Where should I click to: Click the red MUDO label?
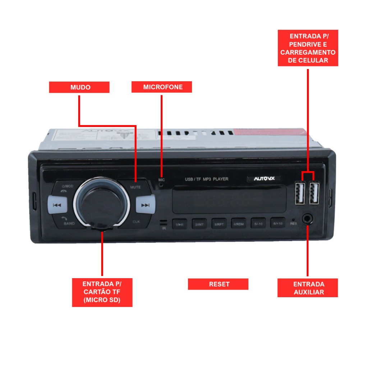(79, 87)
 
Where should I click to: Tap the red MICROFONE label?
(162, 87)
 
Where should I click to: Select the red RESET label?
(218, 284)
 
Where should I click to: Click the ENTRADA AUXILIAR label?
(308, 288)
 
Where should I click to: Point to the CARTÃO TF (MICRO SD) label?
(102, 292)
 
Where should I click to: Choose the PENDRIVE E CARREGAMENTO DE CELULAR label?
(308, 48)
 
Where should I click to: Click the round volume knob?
(102, 202)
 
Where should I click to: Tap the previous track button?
(57, 205)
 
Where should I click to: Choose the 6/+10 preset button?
(278, 223)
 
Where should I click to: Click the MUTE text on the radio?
(135, 187)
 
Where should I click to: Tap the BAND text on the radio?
(69, 224)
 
